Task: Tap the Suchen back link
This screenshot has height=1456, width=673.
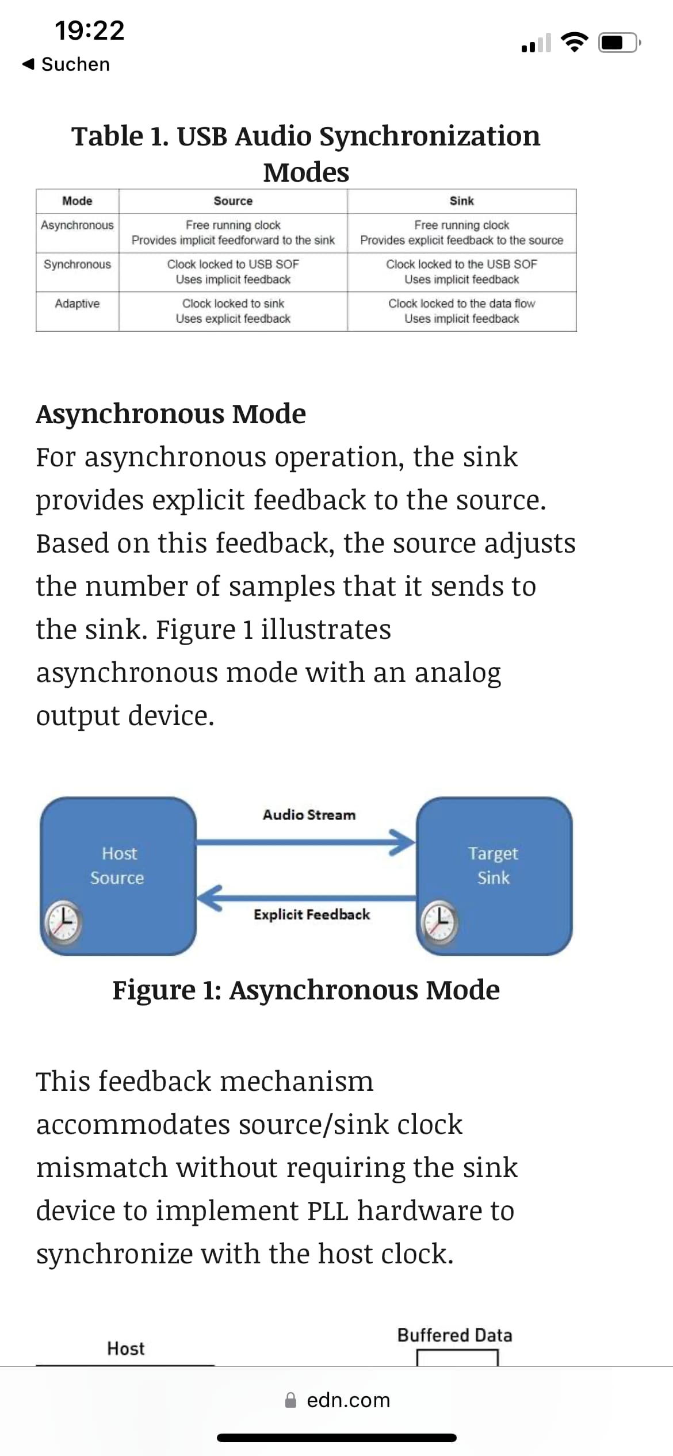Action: (x=66, y=64)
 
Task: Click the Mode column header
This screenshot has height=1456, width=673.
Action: (x=77, y=201)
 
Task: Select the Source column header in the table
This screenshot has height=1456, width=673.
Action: (x=233, y=201)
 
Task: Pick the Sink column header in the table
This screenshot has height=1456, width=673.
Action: (x=461, y=201)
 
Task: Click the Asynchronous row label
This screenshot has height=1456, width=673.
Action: (x=77, y=225)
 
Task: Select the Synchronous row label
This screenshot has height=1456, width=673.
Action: (x=77, y=264)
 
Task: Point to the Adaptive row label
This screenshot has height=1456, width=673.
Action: (x=77, y=303)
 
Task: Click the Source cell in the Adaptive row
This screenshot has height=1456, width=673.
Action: (x=233, y=311)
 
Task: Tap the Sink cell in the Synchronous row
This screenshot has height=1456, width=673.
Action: (x=461, y=272)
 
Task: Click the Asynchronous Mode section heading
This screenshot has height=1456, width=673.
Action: (x=171, y=413)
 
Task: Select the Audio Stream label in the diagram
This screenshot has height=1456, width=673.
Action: (x=309, y=815)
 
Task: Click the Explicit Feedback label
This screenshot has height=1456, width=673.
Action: (x=312, y=914)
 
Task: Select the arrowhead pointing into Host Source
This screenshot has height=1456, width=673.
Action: (x=210, y=898)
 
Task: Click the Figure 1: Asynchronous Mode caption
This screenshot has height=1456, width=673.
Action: (x=306, y=990)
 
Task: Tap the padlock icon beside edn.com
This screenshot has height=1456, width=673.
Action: (x=291, y=1400)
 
